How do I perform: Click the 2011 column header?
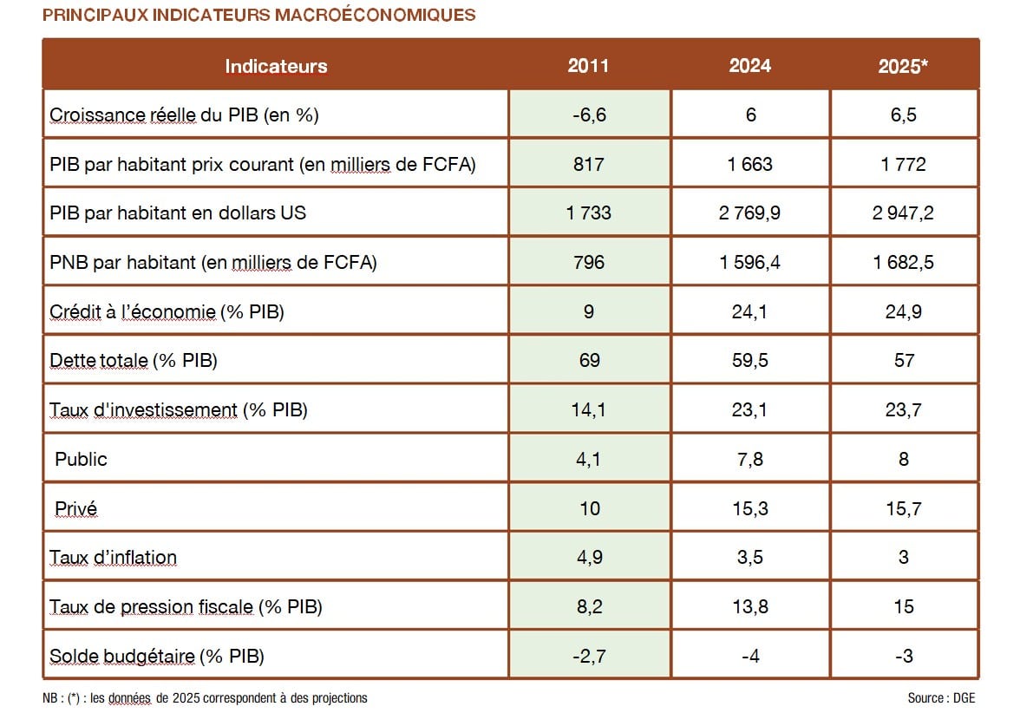(x=588, y=66)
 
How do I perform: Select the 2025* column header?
(x=903, y=66)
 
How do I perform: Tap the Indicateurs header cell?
(x=276, y=66)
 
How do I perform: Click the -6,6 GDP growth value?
(x=588, y=114)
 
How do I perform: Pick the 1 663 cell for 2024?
(x=749, y=164)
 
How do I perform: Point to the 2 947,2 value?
(x=903, y=213)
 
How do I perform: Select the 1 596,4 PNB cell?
(x=749, y=262)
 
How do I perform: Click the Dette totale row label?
(x=134, y=360)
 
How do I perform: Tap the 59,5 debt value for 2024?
(x=749, y=360)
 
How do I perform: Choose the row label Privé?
(x=76, y=508)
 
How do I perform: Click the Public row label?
(x=81, y=459)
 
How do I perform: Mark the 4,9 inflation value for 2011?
(x=588, y=557)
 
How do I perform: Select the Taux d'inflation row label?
(x=113, y=557)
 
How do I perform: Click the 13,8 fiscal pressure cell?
(x=749, y=606)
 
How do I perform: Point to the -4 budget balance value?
(x=749, y=656)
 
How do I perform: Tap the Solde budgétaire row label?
(x=156, y=656)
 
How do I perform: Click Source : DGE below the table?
(x=941, y=697)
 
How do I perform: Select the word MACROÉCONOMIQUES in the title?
(x=375, y=15)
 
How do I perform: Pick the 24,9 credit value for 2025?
(x=903, y=311)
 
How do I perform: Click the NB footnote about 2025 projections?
(x=205, y=697)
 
